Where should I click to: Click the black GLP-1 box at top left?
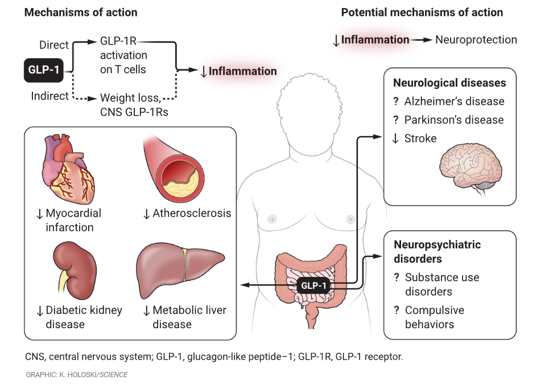coord(43,71)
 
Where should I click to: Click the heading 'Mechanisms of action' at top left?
coord(81,12)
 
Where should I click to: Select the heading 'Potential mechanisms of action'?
coord(422,12)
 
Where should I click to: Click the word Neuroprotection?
coord(476,40)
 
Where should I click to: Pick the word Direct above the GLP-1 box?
coord(54,45)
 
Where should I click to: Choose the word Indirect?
coord(50,96)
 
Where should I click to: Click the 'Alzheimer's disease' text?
coord(454,101)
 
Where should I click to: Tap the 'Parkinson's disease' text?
coord(453,120)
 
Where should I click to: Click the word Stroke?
coord(420,138)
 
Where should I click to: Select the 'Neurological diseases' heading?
coord(449,83)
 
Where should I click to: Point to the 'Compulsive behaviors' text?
coord(434,317)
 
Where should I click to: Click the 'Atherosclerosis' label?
coord(192,214)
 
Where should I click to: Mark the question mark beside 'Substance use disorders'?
coord(396,277)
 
